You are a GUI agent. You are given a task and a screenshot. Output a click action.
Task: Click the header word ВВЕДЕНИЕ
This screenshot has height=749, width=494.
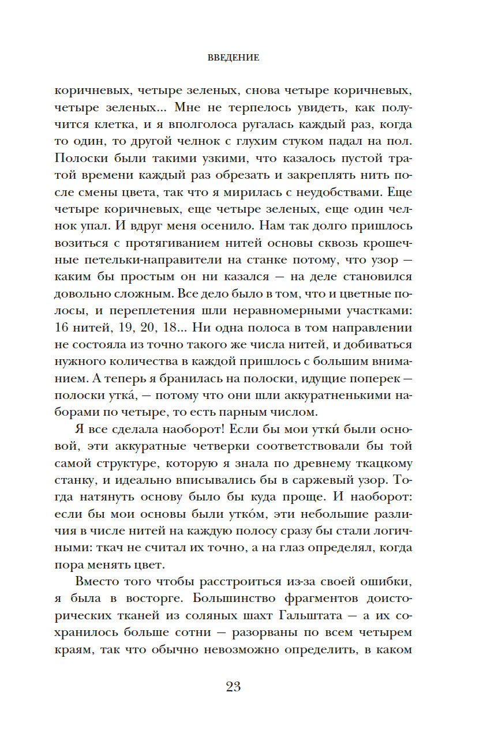233,58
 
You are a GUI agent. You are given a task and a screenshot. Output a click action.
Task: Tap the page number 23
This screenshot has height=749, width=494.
233,686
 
